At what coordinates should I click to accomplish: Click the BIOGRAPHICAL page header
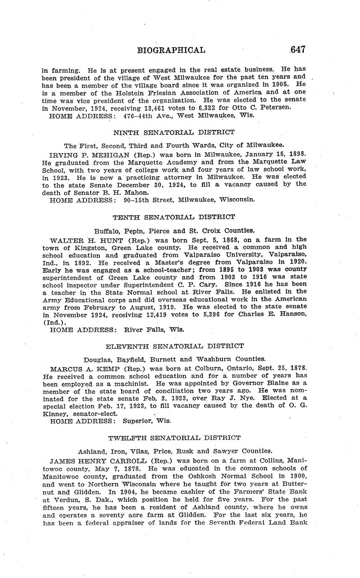point(171,50)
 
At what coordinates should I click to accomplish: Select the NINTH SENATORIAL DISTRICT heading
point(174,132)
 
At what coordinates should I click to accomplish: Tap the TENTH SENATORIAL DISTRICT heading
point(174,217)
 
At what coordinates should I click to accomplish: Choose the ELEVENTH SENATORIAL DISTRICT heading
point(174,346)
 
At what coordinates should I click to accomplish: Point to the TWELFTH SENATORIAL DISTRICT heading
point(174,438)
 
